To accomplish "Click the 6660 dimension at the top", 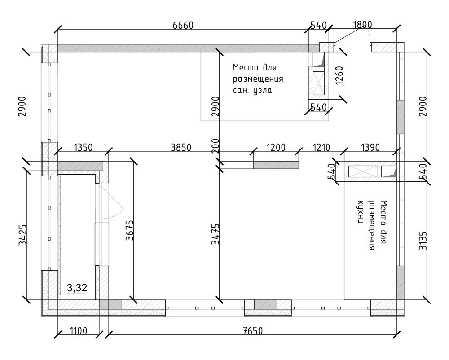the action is (183, 26).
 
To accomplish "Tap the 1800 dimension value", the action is (362, 25).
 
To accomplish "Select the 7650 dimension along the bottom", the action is (252, 331).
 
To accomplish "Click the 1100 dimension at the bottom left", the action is (79, 331).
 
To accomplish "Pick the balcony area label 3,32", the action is (77, 288).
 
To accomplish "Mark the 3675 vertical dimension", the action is (130, 230).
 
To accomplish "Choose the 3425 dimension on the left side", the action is (22, 235).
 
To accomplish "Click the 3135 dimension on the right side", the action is (423, 241).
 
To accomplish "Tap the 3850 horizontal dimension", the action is (181, 148).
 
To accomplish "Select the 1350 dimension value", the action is (84, 148).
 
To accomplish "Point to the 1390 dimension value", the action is (370, 148).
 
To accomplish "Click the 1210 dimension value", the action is (321, 148).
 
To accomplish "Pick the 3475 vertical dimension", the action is (216, 234).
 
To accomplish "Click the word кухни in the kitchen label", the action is (361, 211).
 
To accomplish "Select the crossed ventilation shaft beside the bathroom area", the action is (318, 83).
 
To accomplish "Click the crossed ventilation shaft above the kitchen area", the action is (362, 171).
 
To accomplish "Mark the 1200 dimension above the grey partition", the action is (276, 148).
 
